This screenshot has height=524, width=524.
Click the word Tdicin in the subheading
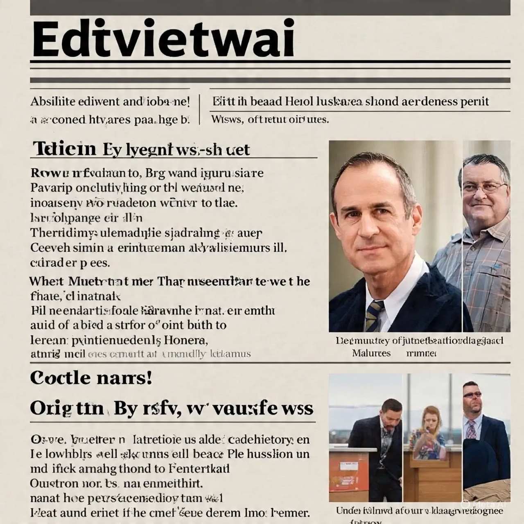pos(64,149)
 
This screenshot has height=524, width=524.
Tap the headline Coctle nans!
pos(91,377)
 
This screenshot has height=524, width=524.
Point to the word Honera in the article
pos(185,340)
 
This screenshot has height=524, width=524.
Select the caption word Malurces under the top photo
pos(371,353)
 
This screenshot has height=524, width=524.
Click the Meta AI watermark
pos(487,504)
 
